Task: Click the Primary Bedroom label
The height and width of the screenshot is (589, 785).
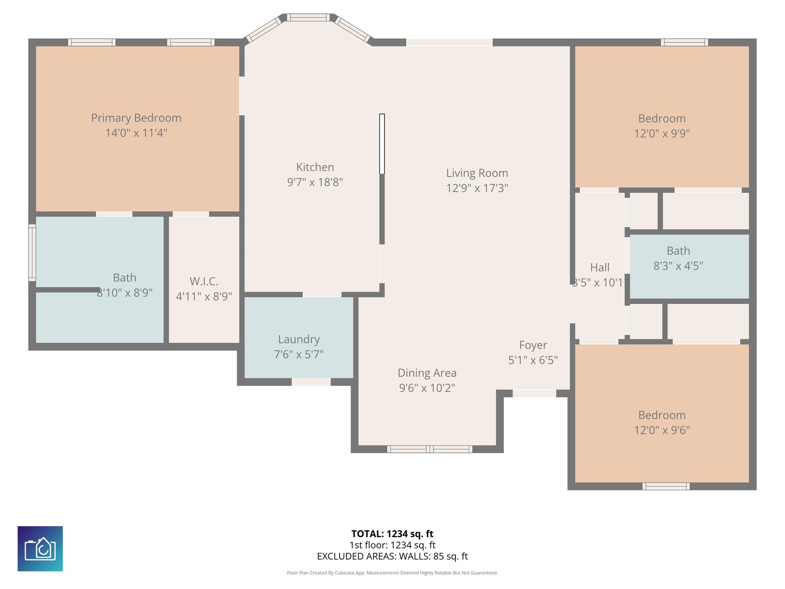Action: click(x=136, y=118)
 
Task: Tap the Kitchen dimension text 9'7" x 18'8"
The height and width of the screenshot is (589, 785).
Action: click(x=315, y=182)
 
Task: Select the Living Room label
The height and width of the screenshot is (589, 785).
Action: click(x=477, y=173)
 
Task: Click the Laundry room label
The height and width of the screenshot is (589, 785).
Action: click(x=299, y=339)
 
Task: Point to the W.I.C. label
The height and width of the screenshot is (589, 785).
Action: click(x=204, y=281)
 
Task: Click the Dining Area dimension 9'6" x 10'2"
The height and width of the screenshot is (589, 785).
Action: click(x=427, y=388)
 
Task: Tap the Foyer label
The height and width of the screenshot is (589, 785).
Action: click(x=533, y=345)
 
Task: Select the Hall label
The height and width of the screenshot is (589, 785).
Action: click(x=599, y=267)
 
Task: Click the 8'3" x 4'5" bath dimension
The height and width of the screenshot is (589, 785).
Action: click(x=678, y=266)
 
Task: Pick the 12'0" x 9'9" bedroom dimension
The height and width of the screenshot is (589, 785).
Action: click(x=662, y=133)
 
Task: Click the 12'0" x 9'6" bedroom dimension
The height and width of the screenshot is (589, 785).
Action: click(x=662, y=430)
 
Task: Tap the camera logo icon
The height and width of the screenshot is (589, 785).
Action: click(x=40, y=548)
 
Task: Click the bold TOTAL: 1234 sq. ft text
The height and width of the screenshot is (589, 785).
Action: click(x=392, y=534)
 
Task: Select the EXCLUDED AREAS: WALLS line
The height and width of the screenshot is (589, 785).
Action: click(x=392, y=556)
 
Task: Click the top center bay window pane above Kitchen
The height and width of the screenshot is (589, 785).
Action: click(x=308, y=17)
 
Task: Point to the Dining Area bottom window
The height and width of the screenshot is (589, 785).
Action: click(x=429, y=449)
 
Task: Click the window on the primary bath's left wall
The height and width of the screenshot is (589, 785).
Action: click(x=32, y=253)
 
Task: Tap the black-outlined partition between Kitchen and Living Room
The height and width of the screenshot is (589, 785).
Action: click(x=382, y=144)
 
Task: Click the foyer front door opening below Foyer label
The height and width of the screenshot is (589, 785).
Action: click(x=534, y=393)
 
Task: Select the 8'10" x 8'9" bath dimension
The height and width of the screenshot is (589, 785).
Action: click(x=125, y=293)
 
